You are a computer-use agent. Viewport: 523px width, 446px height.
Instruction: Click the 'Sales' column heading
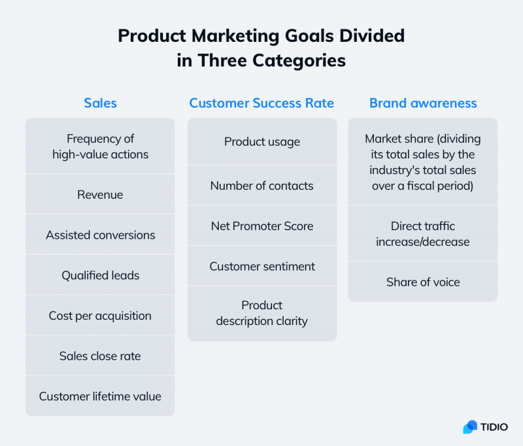[100, 103]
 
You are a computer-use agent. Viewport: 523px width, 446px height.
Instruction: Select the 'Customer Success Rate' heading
[261, 103]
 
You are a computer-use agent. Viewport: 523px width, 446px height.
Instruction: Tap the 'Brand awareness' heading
[423, 103]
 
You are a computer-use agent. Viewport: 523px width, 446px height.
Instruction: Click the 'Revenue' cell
[100, 195]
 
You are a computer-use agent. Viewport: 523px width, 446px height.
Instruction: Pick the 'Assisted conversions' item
[100, 235]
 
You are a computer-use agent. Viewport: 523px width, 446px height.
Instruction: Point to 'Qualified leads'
[100, 275]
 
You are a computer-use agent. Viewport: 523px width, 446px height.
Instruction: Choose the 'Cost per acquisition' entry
[100, 316]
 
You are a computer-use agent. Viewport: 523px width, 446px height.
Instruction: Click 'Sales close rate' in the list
[100, 356]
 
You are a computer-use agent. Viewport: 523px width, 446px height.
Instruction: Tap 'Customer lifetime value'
[100, 396]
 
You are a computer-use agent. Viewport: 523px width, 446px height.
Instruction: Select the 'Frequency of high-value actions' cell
[100, 146]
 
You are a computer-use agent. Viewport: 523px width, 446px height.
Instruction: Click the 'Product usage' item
[261, 142]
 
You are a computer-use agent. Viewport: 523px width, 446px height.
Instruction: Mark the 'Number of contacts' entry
[261, 186]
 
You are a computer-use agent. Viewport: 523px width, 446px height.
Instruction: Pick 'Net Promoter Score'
[261, 226]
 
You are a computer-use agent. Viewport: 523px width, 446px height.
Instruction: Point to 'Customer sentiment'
[261, 266]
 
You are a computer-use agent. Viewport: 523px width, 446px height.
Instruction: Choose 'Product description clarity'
[261, 313]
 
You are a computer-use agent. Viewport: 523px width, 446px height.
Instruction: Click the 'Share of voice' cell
[423, 283]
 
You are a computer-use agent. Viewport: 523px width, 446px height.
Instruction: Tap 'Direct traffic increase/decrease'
[423, 234]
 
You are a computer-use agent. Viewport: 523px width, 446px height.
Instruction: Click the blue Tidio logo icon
[470, 427]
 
